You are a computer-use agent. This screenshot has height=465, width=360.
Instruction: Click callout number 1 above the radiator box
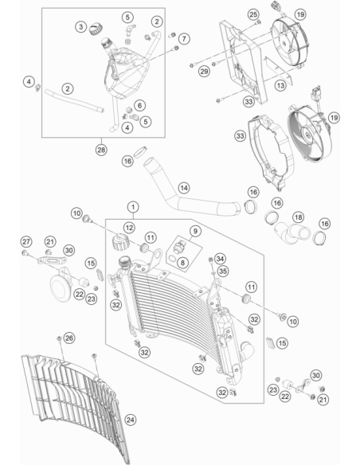(x=133, y=207)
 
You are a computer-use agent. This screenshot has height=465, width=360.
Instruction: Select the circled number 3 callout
(x=80, y=27)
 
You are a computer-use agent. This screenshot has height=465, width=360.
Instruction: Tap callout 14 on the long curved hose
(x=184, y=188)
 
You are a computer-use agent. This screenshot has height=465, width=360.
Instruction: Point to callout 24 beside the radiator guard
(x=130, y=420)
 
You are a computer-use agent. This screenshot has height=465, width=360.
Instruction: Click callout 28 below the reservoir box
(x=101, y=150)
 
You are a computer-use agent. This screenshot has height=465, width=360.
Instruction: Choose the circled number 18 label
(x=299, y=217)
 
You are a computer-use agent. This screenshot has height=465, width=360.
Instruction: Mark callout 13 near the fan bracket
(x=280, y=86)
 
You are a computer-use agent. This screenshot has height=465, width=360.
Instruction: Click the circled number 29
(x=204, y=71)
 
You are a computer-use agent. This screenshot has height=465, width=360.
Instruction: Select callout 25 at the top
(x=253, y=14)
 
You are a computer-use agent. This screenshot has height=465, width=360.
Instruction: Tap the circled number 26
(x=69, y=338)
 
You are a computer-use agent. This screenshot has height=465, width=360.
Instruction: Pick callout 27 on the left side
(x=26, y=242)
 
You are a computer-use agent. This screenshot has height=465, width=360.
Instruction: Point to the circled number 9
(x=195, y=231)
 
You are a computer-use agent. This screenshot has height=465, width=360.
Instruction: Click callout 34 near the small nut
(x=220, y=259)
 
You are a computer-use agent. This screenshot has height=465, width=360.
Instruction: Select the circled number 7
(x=184, y=38)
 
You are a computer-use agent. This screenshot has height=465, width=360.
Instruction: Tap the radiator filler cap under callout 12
(x=120, y=242)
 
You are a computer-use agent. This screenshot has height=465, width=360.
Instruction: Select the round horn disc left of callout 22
(x=60, y=287)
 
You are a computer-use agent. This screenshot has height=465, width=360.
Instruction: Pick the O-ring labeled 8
(x=172, y=260)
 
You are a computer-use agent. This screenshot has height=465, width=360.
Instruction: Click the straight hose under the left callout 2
(x=74, y=101)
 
